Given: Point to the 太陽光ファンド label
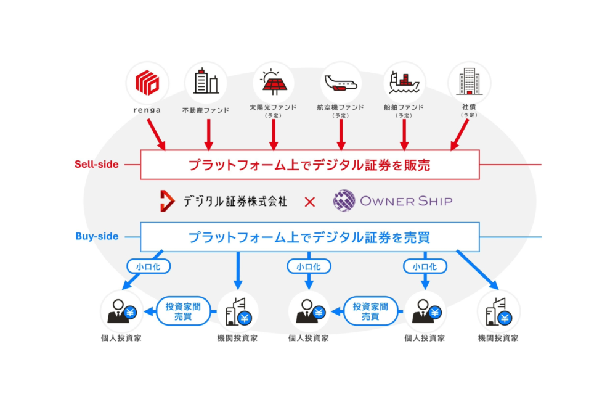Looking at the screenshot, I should click(274, 107).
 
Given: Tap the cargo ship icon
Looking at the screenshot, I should click(404, 81).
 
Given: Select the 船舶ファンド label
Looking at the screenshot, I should click(404, 107).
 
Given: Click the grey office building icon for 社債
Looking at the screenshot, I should click(469, 81).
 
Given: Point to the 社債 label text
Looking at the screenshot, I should click(469, 107).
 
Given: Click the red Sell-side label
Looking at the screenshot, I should click(96, 165).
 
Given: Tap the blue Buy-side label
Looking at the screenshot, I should click(96, 236).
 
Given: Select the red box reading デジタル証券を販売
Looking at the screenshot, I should click(310, 165).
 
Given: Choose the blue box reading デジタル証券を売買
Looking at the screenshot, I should click(310, 237).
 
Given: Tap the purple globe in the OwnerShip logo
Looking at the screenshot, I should click(344, 201).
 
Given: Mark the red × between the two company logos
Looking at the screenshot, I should click(310, 201).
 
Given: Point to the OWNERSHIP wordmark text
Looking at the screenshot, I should click(407, 201).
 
